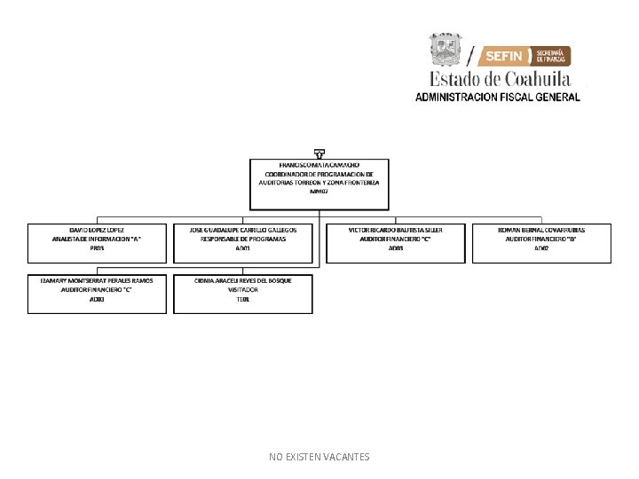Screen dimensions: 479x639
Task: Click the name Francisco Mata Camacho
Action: click(x=319, y=165)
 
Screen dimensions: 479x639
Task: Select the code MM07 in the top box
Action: click(x=319, y=192)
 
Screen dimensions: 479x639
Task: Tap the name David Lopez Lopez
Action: click(x=97, y=230)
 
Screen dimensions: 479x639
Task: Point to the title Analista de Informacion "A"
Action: click(x=97, y=239)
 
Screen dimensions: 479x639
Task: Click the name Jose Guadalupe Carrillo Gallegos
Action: click(x=243, y=230)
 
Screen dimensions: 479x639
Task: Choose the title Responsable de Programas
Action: click(x=243, y=239)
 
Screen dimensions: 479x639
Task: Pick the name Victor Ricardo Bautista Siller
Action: click(x=396, y=230)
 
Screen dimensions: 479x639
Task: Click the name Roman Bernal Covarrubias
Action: click(x=541, y=230)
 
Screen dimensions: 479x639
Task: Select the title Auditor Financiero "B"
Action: click(x=541, y=239)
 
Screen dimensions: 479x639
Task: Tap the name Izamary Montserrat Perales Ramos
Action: click(x=97, y=280)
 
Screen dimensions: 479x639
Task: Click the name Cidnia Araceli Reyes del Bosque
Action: click(x=243, y=280)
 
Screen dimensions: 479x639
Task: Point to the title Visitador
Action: click(x=243, y=290)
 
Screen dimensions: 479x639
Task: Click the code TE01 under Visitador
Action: click(x=243, y=300)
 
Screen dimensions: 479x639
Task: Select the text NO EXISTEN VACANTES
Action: click(x=319, y=457)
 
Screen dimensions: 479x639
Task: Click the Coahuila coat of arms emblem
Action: click(x=446, y=51)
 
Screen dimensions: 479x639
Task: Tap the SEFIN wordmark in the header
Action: click(x=506, y=57)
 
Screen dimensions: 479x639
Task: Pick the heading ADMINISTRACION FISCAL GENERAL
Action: click(x=498, y=97)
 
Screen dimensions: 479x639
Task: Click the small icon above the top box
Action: click(x=319, y=153)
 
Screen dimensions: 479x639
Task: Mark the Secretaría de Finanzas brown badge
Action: click(x=552, y=56)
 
